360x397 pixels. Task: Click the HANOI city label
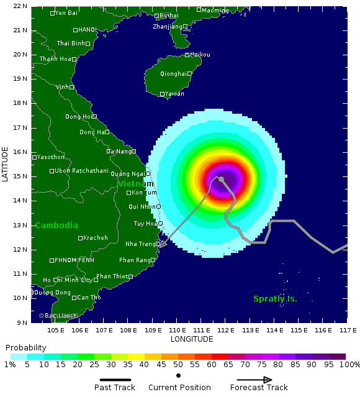(x=88, y=29)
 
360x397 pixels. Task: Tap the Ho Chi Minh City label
(x=68, y=280)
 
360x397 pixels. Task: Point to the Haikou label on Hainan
(x=200, y=55)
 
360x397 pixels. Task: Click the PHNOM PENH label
(x=74, y=260)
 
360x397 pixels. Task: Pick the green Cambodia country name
(x=56, y=226)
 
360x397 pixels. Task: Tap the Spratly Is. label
(x=275, y=299)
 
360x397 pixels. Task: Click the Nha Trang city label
(x=140, y=244)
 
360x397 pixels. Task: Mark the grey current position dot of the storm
(x=221, y=179)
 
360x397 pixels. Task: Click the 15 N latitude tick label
(x=20, y=176)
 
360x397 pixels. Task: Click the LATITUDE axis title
(x=6, y=164)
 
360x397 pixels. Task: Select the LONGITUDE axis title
(x=192, y=339)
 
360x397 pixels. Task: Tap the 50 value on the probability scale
(x=178, y=364)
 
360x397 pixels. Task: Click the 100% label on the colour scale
(x=349, y=364)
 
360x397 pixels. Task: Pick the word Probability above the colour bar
(x=25, y=347)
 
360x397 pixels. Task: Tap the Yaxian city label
(x=172, y=94)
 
